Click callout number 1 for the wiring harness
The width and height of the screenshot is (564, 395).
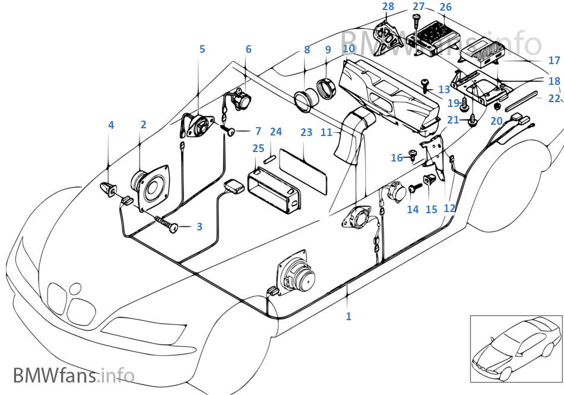(348, 317)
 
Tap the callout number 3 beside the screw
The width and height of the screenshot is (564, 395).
(199, 226)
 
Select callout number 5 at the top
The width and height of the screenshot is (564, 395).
(202, 49)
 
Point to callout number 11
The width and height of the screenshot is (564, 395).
(327, 132)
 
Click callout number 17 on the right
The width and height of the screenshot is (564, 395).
(554, 61)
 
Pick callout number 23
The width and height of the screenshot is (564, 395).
(306, 132)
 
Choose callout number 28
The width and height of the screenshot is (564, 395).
(388, 7)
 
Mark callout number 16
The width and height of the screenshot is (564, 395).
(397, 157)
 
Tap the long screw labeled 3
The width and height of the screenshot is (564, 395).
(168, 225)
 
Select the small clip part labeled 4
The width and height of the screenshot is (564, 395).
(108, 188)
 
